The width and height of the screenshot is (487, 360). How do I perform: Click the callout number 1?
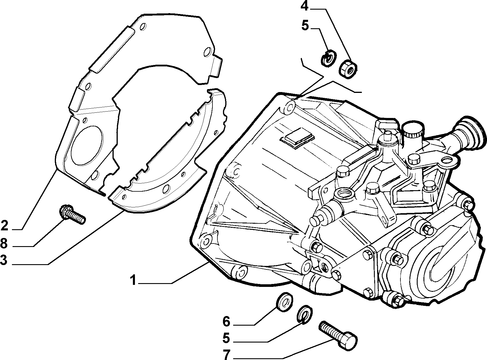[x=133, y=280]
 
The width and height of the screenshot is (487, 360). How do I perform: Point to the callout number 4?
[x=305, y=7]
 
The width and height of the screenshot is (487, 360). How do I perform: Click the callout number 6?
[x=226, y=322]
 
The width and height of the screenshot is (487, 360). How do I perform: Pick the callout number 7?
[x=226, y=354]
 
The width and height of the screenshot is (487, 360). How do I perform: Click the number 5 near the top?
[x=305, y=25]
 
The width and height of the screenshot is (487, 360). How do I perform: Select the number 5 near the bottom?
[x=226, y=338]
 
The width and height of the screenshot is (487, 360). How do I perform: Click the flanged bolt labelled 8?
[x=72, y=214]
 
